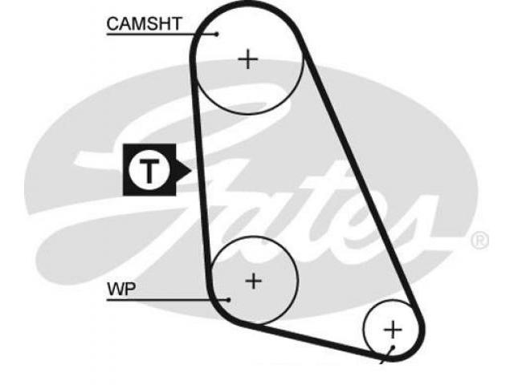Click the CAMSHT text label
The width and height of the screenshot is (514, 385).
144,23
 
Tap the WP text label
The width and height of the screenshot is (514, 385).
121,289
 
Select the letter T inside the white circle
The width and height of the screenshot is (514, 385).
149,171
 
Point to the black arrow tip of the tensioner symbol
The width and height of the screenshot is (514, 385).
190,170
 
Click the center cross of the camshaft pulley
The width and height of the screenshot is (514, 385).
248,59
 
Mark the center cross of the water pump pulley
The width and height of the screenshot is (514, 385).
254,281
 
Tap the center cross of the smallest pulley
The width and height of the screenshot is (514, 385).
393,330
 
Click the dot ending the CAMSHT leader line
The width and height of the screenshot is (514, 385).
217,34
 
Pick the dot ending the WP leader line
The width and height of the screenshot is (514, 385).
228,299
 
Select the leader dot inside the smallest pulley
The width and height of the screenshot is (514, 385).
393,347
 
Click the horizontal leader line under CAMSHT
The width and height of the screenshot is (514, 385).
161,34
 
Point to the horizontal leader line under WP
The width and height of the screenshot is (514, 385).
168,299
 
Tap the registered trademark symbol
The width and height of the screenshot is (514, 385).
479,241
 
